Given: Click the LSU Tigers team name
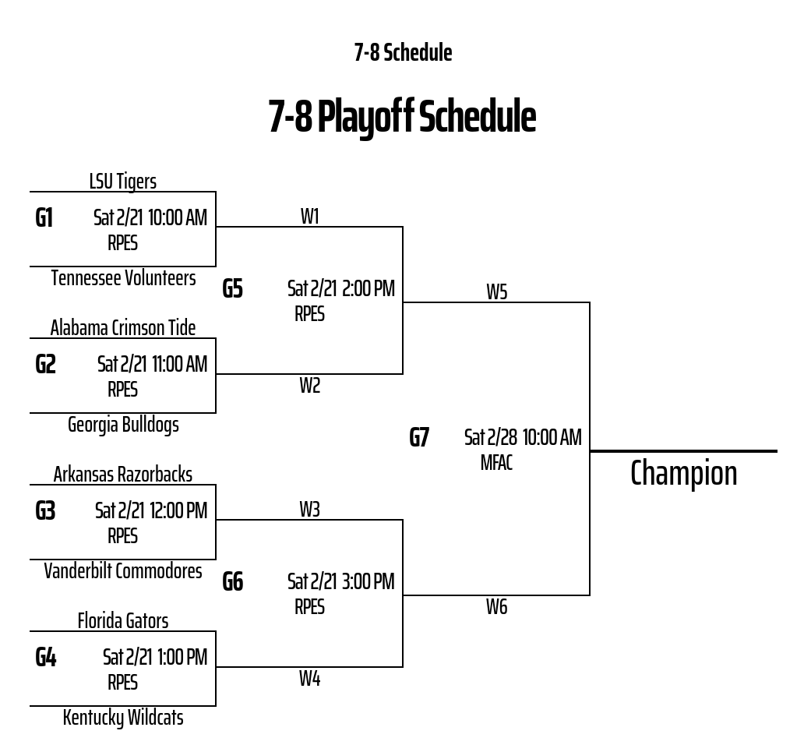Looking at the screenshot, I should [122, 182].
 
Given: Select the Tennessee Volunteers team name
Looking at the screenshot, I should [123, 278].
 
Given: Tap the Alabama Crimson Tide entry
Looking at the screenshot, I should [123, 328].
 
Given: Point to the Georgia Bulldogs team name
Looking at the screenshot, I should [123, 425].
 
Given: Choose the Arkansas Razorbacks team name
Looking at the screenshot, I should [123, 475].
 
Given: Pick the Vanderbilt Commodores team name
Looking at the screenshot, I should [123, 571].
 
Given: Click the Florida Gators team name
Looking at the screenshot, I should [123, 621].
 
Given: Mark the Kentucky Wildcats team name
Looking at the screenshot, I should [123, 718].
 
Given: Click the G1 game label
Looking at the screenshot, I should [44, 217].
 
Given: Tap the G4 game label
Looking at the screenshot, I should [46, 657].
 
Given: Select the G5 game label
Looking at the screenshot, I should [233, 289].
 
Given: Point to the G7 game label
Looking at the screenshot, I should [419, 438].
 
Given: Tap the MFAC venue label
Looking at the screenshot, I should [496, 464].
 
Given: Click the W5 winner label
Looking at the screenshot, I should [496, 292].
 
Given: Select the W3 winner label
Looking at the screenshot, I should [309, 510].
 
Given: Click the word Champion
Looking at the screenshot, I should [683, 474].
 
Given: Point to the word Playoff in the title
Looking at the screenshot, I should [365, 117].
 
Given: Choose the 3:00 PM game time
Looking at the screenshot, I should [368, 582].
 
